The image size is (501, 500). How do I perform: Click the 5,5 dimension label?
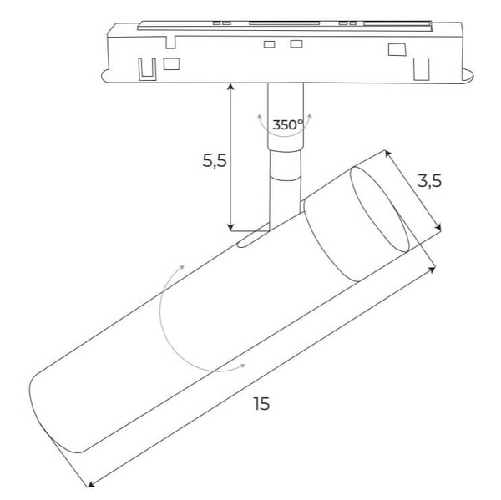click(x=215, y=161)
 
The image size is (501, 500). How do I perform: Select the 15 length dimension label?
click(x=261, y=404)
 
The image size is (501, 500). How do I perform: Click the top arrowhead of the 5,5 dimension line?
click(x=230, y=88)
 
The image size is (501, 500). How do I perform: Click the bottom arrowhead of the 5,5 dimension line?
click(x=230, y=226)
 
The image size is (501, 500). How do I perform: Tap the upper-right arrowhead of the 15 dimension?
click(x=433, y=268)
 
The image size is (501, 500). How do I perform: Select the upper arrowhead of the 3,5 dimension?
click(x=387, y=153)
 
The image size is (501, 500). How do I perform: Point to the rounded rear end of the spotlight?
click(x=42, y=409)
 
